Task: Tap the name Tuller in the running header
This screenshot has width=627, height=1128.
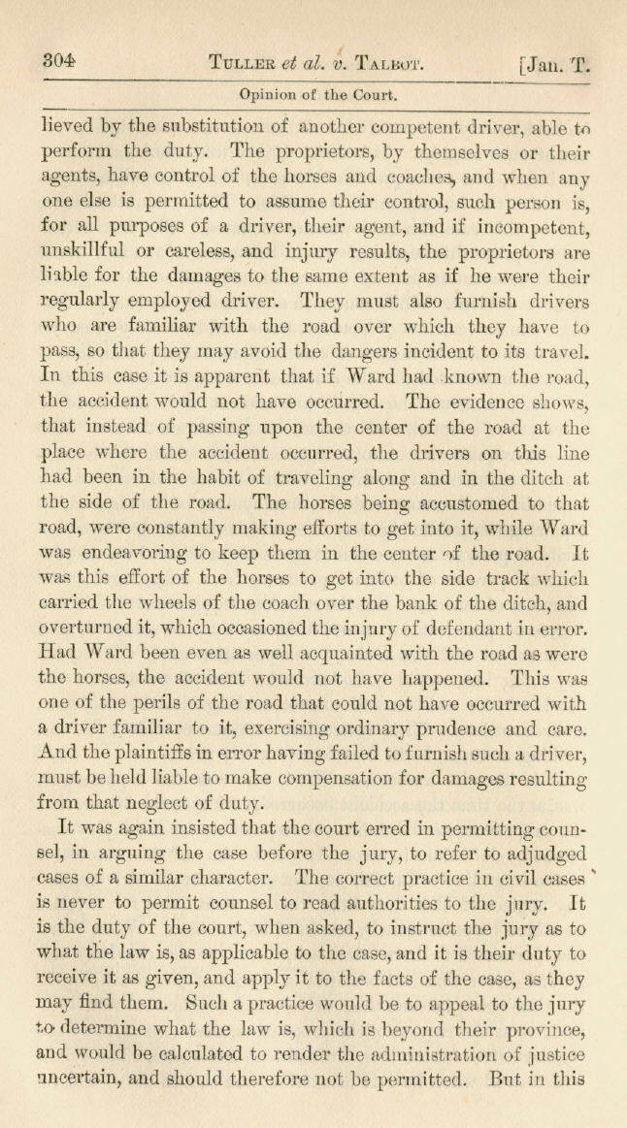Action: pos(242,64)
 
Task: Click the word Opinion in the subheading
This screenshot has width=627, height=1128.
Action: pos(268,95)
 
